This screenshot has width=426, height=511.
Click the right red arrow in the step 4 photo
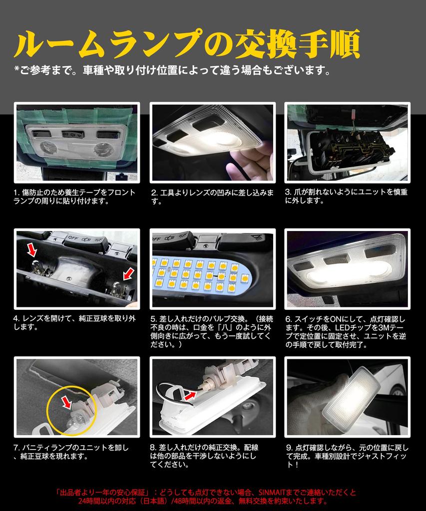(128, 273)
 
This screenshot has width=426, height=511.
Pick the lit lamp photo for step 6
(347, 268)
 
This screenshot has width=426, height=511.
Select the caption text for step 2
(212, 197)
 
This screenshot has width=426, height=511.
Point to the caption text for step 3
(346, 196)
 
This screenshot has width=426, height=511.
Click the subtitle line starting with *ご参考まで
(172, 70)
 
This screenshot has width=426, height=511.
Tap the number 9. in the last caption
(290, 448)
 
